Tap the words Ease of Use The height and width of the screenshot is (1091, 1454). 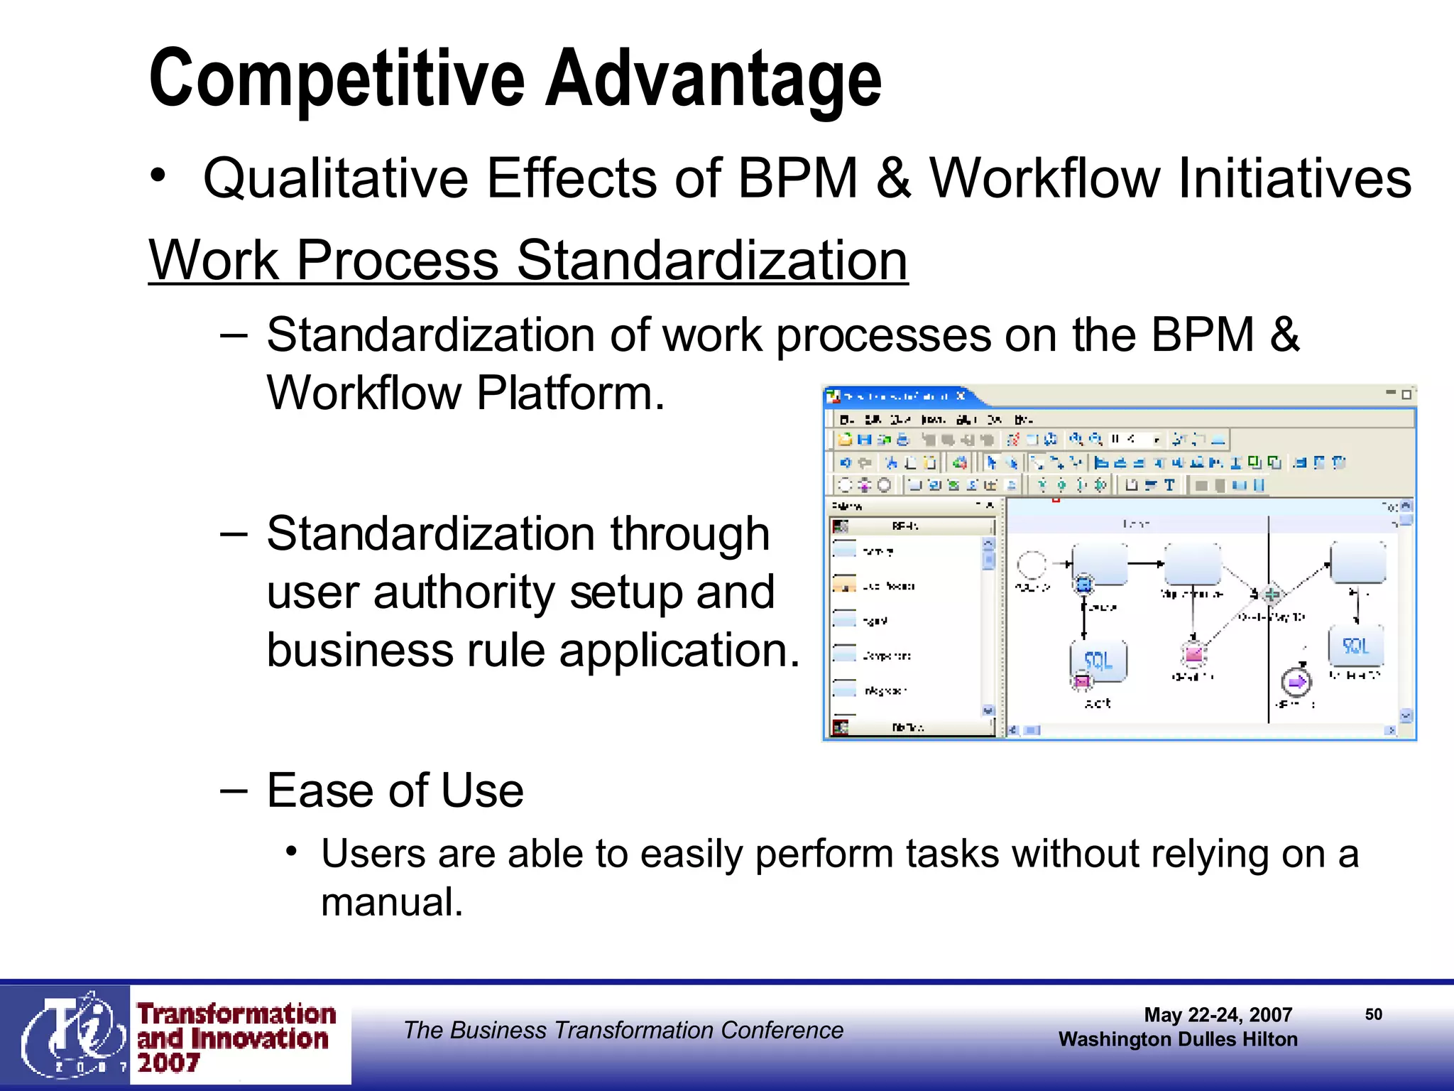[395, 790]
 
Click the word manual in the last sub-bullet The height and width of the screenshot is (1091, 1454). [391, 902]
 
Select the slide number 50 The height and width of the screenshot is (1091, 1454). [1373, 1014]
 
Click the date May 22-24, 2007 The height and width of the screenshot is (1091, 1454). [1218, 1015]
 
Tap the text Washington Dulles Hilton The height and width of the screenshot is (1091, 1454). [1178, 1039]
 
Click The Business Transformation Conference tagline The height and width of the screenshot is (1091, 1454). [623, 1030]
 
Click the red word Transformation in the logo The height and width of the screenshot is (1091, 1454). [236, 1014]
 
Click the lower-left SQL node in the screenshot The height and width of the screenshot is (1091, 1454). [1098, 661]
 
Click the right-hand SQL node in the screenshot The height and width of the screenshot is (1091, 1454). [1355, 646]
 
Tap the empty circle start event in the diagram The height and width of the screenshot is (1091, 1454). [1032, 565]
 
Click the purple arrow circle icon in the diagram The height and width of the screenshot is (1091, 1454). [1296, 682]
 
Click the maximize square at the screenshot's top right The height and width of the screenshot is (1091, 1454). [1406, 395]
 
